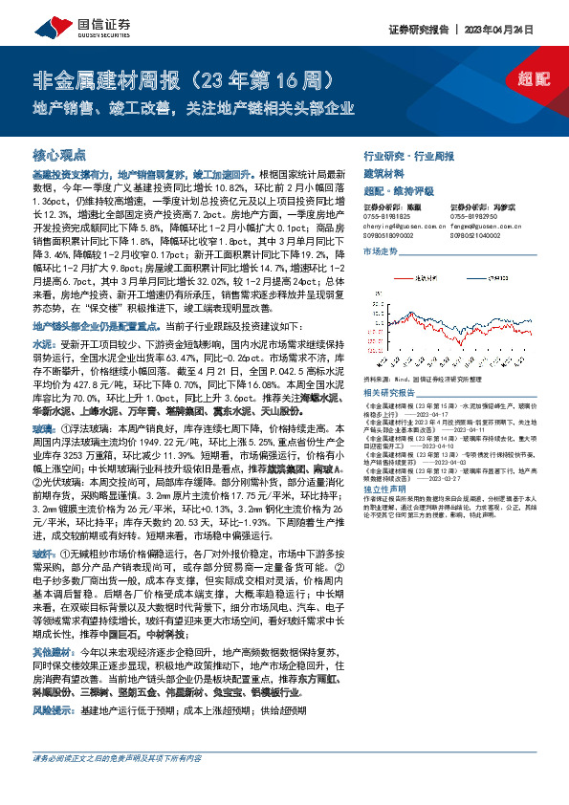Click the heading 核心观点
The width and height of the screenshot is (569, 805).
60,154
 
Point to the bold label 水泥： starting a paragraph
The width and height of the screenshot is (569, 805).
44,341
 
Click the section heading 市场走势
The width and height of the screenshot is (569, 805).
380,250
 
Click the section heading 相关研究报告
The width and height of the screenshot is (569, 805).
384,393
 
